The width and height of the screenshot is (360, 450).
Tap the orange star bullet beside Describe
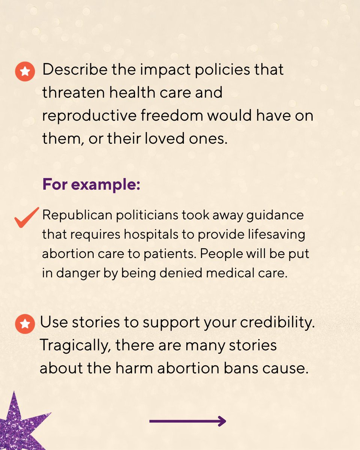pos(25,71)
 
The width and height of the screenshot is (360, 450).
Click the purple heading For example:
pos(91,185)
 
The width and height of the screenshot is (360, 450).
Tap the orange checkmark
pos(26,217)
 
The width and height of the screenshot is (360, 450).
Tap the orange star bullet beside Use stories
pos(25,324)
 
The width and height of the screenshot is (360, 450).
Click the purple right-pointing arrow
pos(187,421)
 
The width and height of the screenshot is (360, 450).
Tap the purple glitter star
pos(19,424)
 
